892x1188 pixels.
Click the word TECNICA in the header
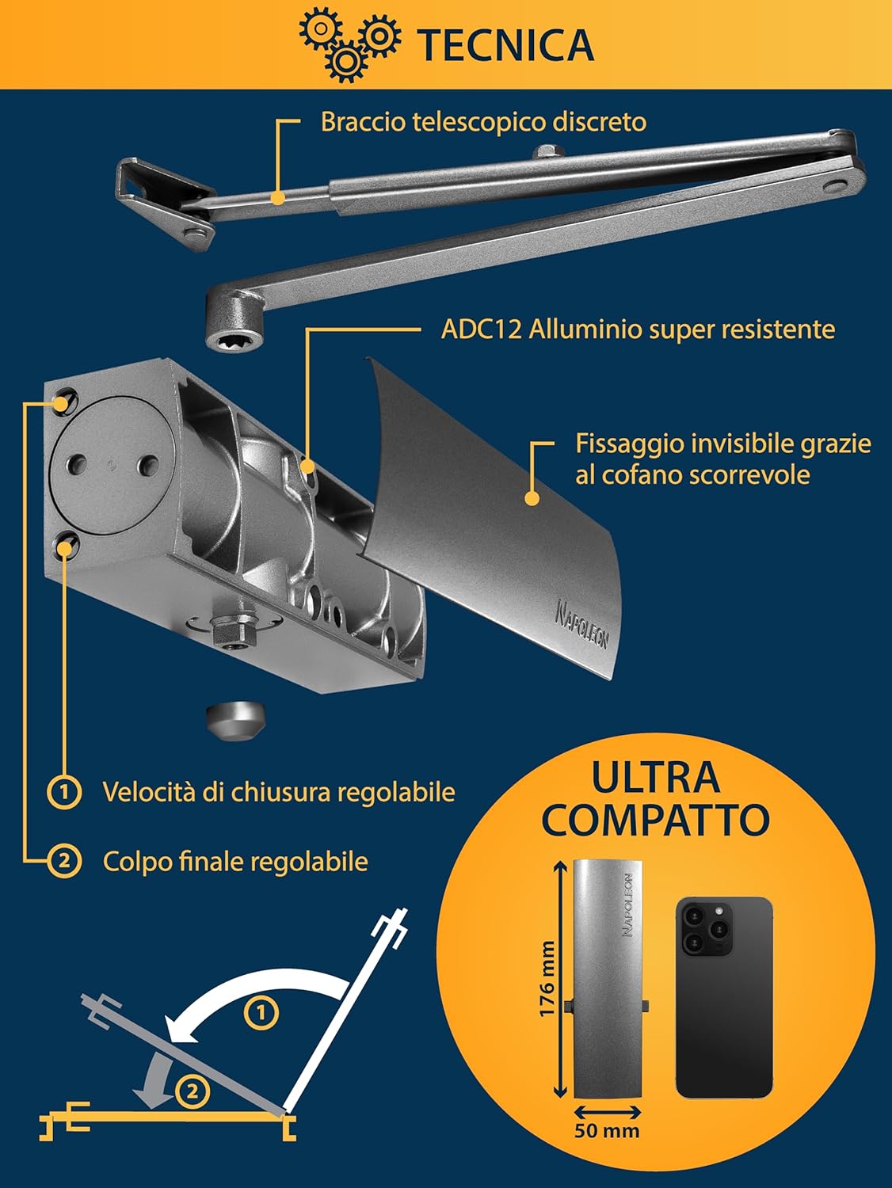coord(505,44)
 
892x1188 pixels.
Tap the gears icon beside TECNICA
coord(349,44)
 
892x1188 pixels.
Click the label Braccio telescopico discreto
coord(483,122)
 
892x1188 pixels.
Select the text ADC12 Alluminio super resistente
coord(638,329)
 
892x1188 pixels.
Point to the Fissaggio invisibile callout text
coord(722,459)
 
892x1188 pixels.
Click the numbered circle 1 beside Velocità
coord(64,791)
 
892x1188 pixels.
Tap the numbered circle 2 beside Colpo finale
coord(64,861)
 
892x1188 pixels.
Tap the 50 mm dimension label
coord(607,1130)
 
